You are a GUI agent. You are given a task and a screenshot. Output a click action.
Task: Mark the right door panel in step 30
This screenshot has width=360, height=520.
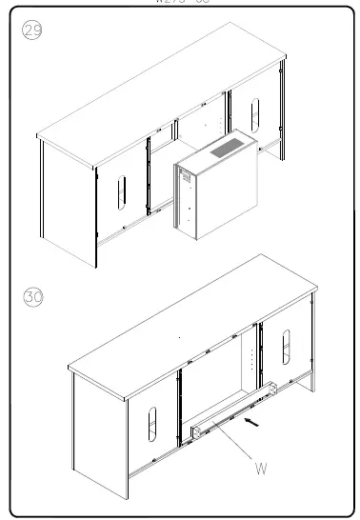tap(284, 352)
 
